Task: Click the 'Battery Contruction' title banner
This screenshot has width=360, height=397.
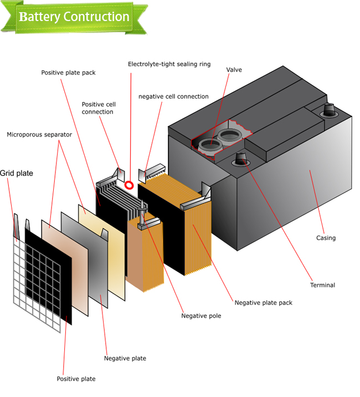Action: click(74, 17)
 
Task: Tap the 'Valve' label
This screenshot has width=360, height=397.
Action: click(234, 70)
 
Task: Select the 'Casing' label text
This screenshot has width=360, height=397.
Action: click(326, 238)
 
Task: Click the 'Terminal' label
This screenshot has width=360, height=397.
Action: click(322, 285)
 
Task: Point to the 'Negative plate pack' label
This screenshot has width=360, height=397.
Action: click(263, 303)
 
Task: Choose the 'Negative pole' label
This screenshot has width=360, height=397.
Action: click(201, 316)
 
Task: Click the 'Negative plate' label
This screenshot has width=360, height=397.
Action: click(125, 358)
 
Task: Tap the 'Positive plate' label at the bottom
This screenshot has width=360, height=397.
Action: click(76, 379)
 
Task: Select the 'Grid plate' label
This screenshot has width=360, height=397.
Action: click(17, 174)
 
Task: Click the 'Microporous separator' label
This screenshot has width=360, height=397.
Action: click(39, 135)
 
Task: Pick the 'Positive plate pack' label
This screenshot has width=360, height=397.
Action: click(68, 73)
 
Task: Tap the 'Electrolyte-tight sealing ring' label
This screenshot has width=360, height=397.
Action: click(169, 64)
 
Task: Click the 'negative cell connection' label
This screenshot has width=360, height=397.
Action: click(173, 96)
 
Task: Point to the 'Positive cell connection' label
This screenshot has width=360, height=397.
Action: click(98, 108)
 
